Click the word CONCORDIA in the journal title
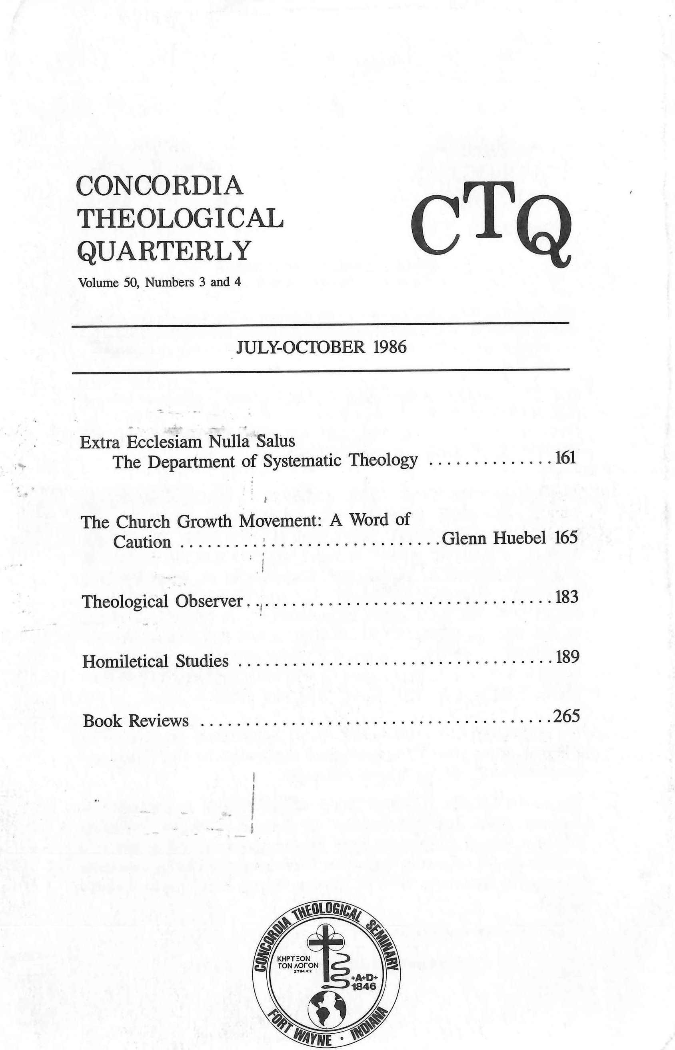160,186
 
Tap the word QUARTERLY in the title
164,251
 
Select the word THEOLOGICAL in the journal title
180,218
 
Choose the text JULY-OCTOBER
300,347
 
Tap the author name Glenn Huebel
493,538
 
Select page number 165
566,538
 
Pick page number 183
567,597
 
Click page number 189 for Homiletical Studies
567,657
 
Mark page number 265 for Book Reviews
566,716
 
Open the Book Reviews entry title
136,721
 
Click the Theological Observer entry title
162,601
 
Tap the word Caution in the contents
142,542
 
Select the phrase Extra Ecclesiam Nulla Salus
187,442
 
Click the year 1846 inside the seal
364,971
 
